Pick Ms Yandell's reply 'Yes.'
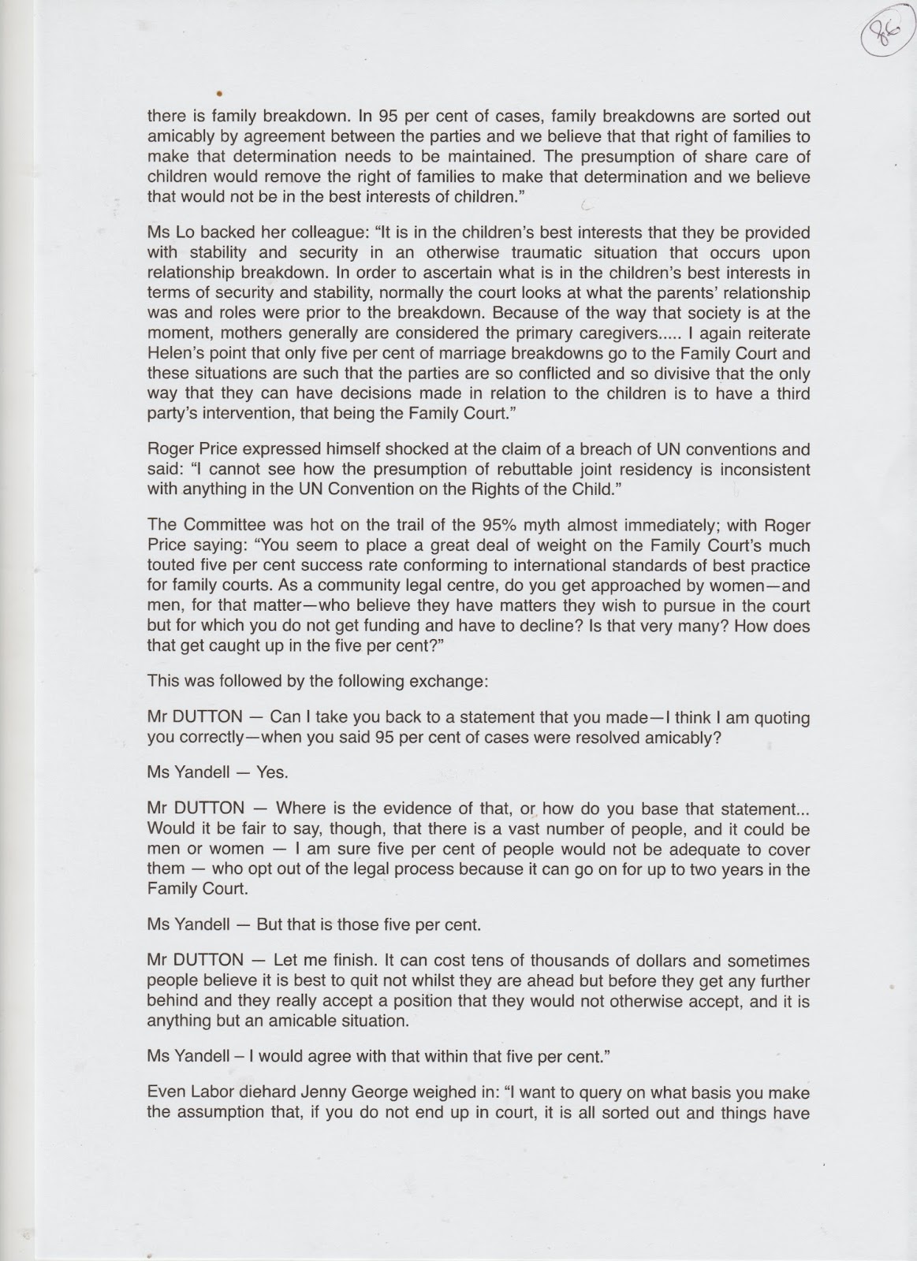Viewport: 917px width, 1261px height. pyautogui.click(x=273, y=773)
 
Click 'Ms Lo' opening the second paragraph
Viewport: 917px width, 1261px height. pyautogui.click(x=166, y=234)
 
